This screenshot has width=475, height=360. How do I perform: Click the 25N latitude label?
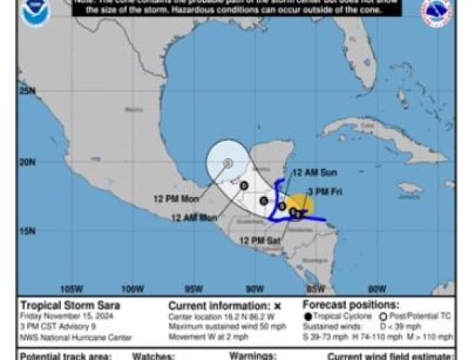click(x=28, y=91)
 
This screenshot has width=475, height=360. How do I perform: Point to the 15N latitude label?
click(x=28, y=232)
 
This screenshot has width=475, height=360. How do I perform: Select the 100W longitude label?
click(x=132, y=288)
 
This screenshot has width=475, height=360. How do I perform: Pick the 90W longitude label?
click(x=255, y=288)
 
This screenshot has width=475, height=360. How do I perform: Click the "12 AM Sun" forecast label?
click(x=313, y=172)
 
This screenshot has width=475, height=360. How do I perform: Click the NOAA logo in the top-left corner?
click(x=35, y=11)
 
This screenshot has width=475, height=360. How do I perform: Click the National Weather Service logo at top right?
click(x=437, y=12)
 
